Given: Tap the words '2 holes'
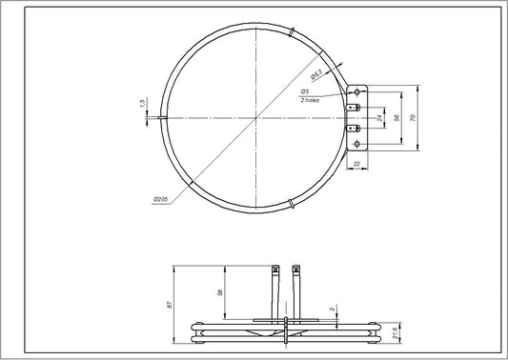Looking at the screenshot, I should tap(334, 99).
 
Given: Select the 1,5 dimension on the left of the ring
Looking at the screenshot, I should tap(141, 103).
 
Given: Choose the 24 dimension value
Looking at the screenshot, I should tap(379, 117).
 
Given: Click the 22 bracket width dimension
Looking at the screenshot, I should tap(356, 165).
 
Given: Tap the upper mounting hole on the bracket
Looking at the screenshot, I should tap(358, 91).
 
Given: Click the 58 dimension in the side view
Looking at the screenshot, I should tap(220, 292).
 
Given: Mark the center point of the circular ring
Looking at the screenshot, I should tap(255, 116).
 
